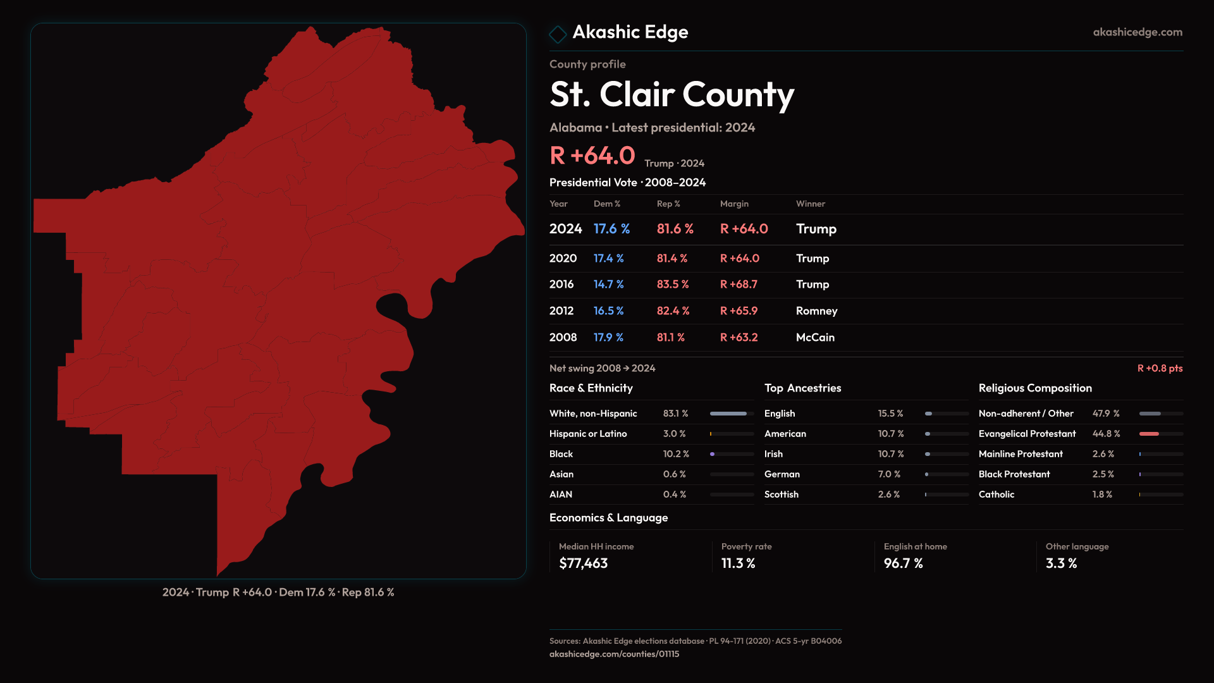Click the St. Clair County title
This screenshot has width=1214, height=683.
point(671,95)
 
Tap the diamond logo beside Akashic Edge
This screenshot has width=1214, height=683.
point(558,34)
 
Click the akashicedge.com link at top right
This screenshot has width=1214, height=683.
point(1137,32)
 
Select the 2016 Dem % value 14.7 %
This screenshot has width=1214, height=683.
point(608,285)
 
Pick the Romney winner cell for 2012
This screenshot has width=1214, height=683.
point(816,311)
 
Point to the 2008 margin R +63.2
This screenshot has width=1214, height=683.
point(739,338)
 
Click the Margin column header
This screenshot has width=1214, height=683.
point(734,204)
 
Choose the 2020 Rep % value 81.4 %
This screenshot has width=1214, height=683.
point(671,259)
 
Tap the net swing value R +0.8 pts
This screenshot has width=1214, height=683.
point(1160,368)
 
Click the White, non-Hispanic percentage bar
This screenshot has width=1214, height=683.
point(728,414)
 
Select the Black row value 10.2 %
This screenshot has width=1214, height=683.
point(676,454)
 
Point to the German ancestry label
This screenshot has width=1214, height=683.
point(782,474)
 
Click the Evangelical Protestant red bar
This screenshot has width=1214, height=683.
point(1149,434)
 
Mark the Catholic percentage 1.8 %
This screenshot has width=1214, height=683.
point(1102,495)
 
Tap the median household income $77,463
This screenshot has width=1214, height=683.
point(583,563)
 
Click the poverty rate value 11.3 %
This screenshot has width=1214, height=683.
point(738,563)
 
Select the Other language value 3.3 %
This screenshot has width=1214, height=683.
point(1061,563)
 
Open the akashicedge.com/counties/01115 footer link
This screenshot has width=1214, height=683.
point(614,654)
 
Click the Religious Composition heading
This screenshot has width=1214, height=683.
point(1035,388)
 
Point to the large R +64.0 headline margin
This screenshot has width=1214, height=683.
point(592,156)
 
